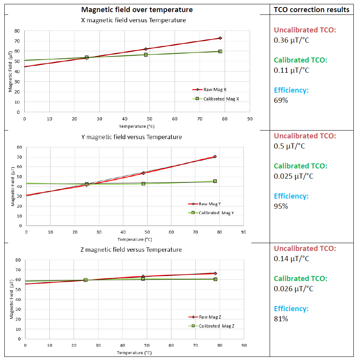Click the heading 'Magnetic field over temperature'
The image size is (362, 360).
(137, 10)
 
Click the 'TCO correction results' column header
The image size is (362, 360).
(312, 10)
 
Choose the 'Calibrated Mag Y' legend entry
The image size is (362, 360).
(216, 213)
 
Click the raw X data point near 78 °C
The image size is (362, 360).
(220, 38)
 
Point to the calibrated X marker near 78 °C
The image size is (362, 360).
(220, 51)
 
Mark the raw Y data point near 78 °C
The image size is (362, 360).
(215, 157)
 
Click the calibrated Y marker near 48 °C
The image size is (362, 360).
(143, 183)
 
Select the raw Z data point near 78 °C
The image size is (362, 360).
(215, 273)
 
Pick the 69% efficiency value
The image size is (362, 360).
(281, 100)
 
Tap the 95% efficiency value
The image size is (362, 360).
(281, 206)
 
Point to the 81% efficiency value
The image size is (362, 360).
(281, 319)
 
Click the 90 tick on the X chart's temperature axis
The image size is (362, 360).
(249, 118)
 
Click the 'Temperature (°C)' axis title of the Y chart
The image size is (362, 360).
(135, 239)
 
